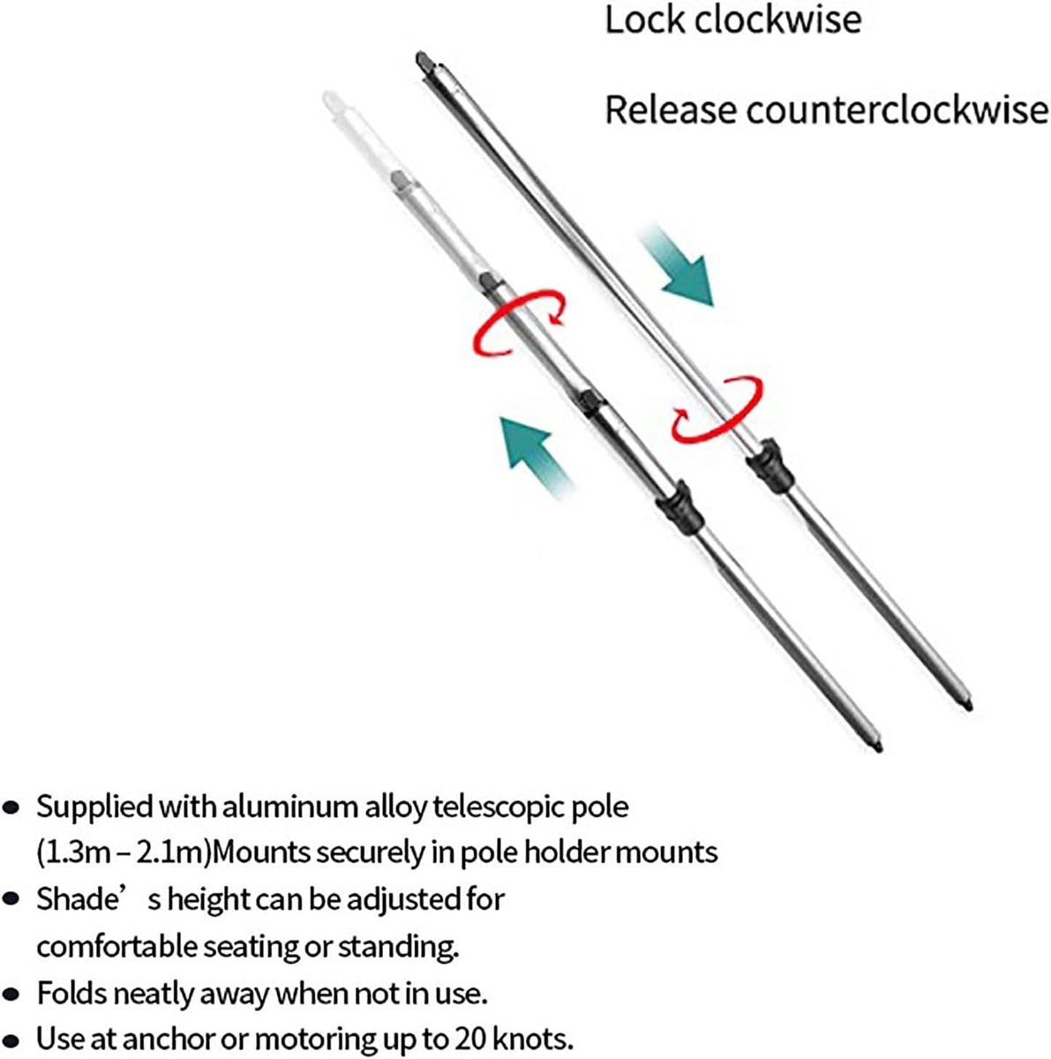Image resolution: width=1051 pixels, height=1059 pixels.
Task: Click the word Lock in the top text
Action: (x=644, y=20)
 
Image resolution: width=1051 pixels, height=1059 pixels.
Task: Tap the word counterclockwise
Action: (x=897, y=109)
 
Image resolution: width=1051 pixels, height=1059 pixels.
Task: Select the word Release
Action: (x=670, y=109)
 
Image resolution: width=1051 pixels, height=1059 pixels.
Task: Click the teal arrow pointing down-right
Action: (x=677, y=265)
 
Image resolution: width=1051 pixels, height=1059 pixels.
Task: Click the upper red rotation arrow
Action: (x=518, y=323)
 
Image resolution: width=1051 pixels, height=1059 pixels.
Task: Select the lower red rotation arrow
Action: (x=717, y=408)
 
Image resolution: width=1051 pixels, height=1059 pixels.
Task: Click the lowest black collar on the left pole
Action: (x=680, y=507)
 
